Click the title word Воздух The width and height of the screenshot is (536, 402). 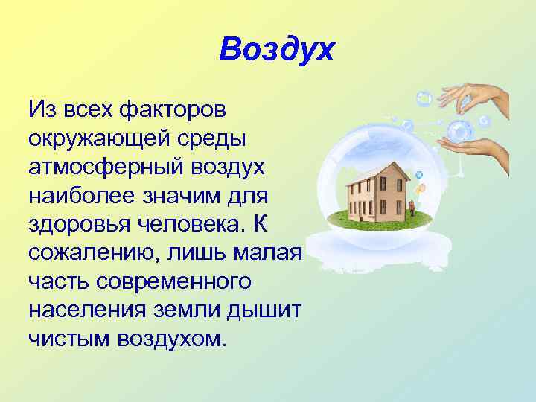click(278, 51)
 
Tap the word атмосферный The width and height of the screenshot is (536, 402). click(105, 167)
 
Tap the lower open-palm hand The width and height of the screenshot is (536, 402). click(484, 149)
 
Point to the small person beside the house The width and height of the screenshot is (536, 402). click(410, 205)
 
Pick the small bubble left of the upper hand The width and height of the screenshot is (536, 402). click(424, 97)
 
